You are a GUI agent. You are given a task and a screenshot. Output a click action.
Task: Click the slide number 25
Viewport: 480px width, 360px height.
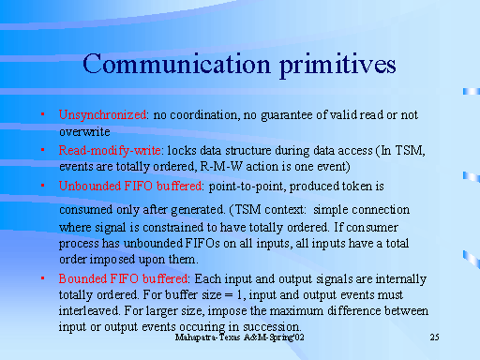tap(434, 337)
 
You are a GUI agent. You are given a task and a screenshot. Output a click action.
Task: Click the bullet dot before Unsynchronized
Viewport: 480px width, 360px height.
tap(44, 115)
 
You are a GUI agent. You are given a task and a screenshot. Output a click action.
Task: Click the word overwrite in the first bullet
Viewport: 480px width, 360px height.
tap(86, 132)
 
